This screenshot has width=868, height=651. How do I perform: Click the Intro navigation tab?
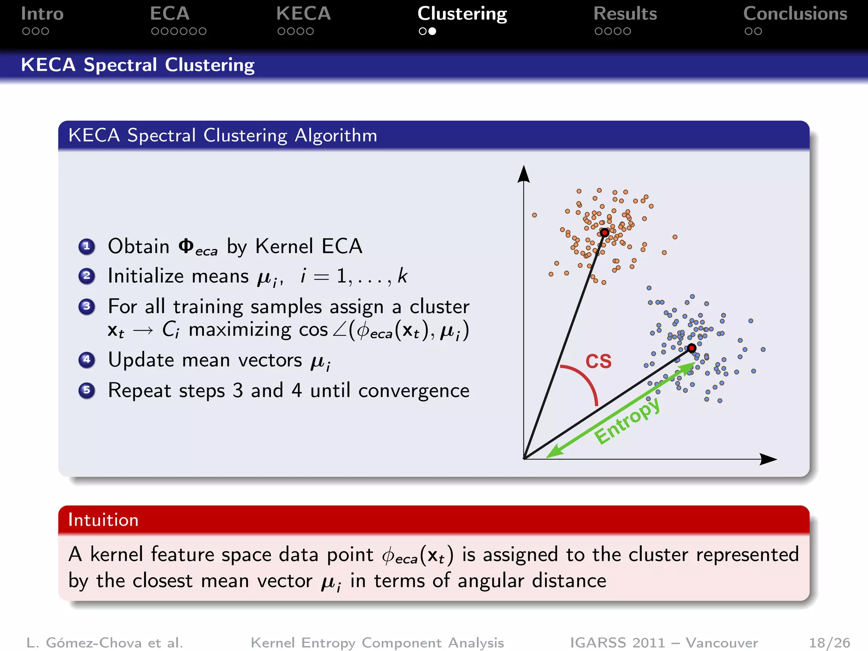click(x=42, y=14)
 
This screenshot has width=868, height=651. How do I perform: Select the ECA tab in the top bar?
click(x=170, y=14)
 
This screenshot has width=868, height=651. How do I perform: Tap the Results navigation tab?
click(x=625, y=14)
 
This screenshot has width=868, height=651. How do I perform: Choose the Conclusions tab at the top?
click(x=795, y=14)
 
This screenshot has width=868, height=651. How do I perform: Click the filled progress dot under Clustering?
click(x=432, y=31)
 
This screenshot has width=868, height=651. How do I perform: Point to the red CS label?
click(x=598, y=362)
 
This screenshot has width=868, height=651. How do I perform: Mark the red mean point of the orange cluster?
click(x=605, y=232)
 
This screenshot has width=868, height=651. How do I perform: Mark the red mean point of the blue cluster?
click(x=692, y=348)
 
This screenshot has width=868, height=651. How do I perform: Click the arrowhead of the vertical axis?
click(x=524, y=174)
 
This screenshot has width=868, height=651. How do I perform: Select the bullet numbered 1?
click(x=87, y=246)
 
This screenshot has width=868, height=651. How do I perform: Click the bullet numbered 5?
click(x=87, y=390)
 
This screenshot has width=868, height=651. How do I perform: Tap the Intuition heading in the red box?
click(x=103, y=520)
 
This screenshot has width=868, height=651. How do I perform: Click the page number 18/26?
click(x=829, y=643)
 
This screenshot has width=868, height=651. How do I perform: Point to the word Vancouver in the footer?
click(x=721, y=643)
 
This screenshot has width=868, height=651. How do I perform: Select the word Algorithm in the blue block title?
click(x=336, y=136)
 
